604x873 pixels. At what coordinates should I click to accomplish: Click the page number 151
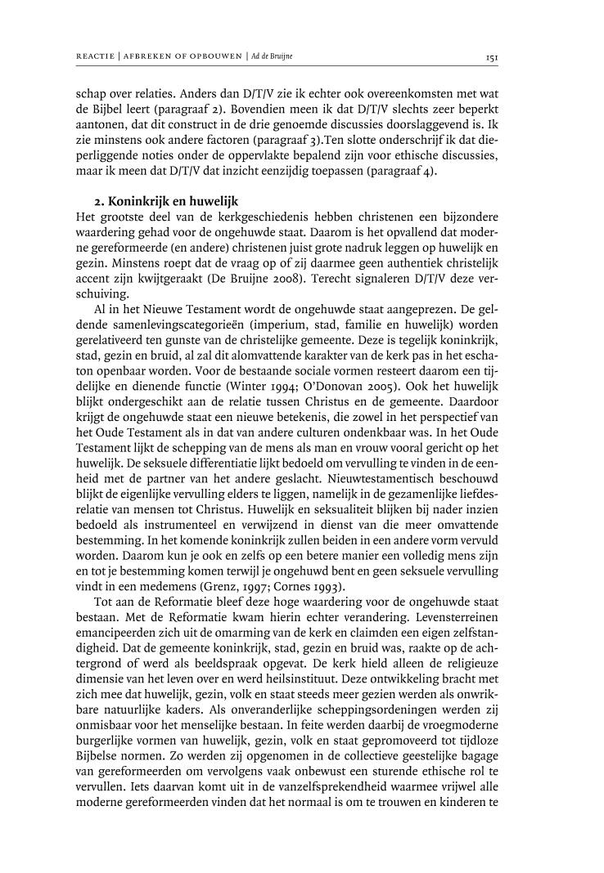coord(492,56)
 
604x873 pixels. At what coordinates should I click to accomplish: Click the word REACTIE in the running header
coord(97,56)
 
